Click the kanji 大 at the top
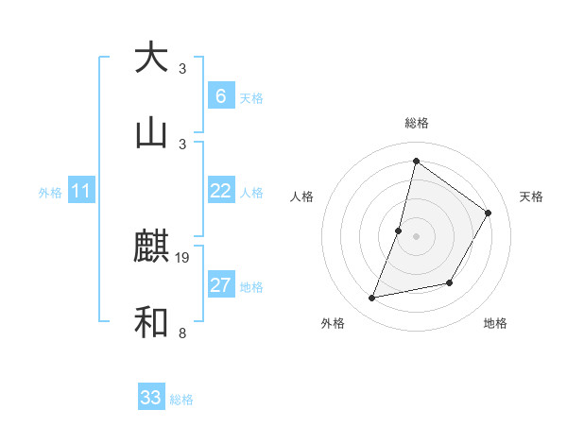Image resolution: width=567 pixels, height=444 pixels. (151, 58)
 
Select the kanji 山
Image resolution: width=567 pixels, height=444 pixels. (151, 133)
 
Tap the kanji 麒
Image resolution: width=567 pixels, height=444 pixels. (151, 248)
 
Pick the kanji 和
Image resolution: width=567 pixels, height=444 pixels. (151, 322)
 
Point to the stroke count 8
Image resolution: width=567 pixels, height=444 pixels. (181, 333)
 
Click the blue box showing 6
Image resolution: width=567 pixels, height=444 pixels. (220, 96)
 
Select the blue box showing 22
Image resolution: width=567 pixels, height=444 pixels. (220, 191)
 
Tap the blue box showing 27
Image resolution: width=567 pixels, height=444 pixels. (220, 285)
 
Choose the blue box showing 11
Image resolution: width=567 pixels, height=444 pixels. (81, 191)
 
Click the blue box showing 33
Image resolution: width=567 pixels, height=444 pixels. (151, 398)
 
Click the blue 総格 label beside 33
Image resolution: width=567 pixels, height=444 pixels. (181, 400)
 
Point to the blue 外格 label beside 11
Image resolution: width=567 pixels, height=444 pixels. (50, 193)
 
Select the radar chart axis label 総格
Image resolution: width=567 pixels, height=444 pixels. (416, 123)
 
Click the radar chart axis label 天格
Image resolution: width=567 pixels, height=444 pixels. (532, 196)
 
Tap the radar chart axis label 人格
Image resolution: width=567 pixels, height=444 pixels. (301, 196)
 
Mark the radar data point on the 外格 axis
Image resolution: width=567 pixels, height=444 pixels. (372, 299)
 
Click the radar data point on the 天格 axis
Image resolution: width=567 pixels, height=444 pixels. (489, 213)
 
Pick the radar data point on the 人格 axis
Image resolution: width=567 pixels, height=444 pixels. (399, 231)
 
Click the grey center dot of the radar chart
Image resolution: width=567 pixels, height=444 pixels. (416, 236)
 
